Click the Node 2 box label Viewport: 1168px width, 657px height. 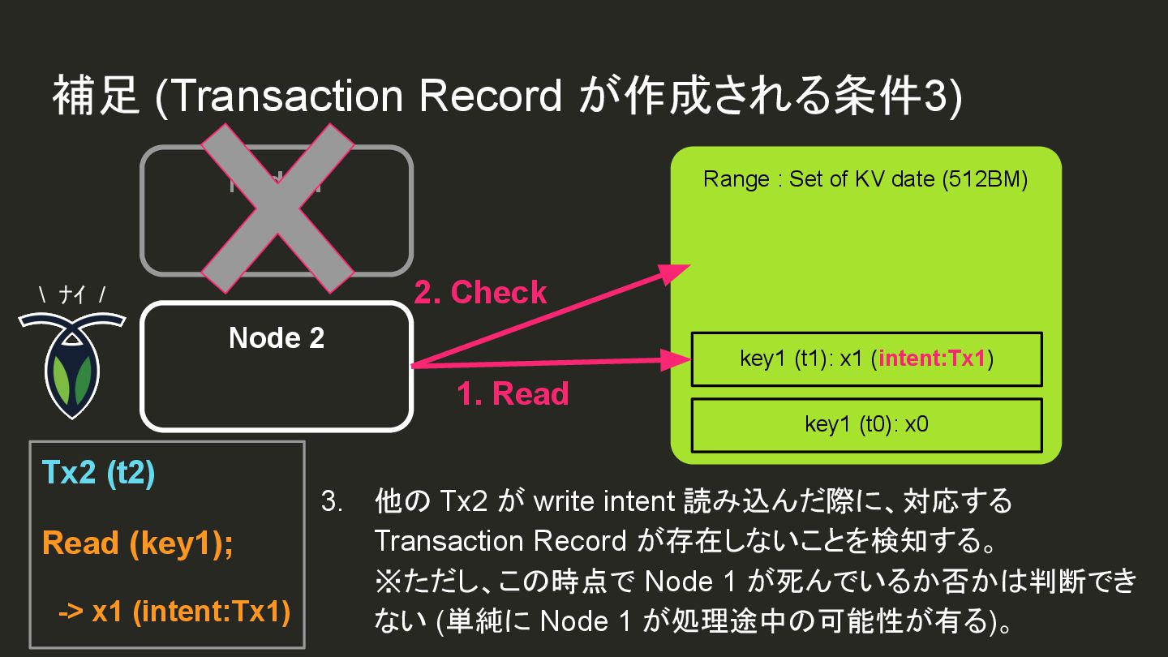coord(277,337)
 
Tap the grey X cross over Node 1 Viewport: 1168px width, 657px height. coord(277,209)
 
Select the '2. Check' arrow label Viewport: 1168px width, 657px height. coord(480,293)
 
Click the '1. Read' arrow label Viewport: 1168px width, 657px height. coord(512,394)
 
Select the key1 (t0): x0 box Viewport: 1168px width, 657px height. coord(865,424)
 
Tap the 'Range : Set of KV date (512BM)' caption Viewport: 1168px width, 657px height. coord(865,179)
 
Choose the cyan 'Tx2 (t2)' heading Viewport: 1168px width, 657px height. coord(97,474)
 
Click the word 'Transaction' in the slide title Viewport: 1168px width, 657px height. coord(286,97)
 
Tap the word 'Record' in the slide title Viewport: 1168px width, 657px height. coord(490,97)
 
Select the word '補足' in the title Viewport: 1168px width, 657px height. coord(97,97)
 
